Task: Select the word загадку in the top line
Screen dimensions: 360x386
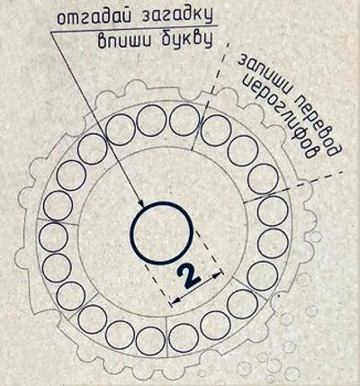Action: click(175, 16)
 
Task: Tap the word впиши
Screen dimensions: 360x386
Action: click(123, 40)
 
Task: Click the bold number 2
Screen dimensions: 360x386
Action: click(188, 276)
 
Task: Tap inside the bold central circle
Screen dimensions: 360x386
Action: click(161, 233)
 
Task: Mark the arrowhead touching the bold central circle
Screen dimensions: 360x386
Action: click(141, 202)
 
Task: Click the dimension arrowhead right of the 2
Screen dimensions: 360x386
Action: click(220, 274)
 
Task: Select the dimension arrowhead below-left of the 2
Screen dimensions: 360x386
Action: click(174, 301)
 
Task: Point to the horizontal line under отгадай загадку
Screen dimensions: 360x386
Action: click(134, 29)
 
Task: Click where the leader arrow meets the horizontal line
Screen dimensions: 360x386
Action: click(51, 32)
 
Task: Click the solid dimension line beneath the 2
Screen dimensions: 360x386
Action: click(196, 287)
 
